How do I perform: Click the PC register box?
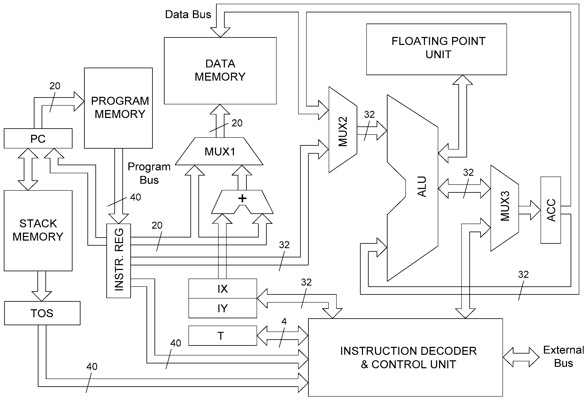pos(38,139)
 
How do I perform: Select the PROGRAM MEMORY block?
pos(118,108)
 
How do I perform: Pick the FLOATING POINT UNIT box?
pos(436,49)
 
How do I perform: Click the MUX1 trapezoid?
pos(219,152)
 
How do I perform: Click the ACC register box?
pos(551,210)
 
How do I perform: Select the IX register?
pos(223,289)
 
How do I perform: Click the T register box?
pos(223,336)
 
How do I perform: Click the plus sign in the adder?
pos(242,199)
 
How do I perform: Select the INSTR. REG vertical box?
pos(119,261)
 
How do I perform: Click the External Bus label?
pos(563,356)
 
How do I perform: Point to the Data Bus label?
pos(188,14)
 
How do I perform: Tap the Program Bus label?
pos(149,173)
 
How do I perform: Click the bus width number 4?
pos(284,321)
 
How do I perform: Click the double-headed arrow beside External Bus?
pos(521,357)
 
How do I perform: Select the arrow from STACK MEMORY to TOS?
pos(42,286)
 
